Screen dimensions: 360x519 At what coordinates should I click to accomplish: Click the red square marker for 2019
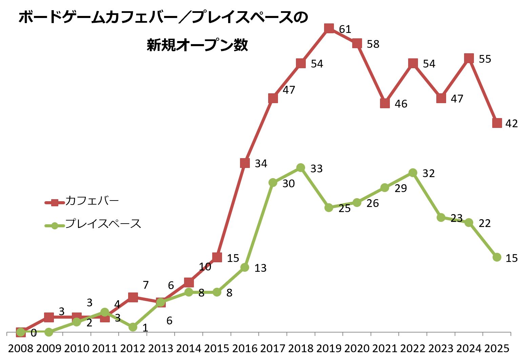point(329,28)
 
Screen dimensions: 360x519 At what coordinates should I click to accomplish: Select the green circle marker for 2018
point(301,168)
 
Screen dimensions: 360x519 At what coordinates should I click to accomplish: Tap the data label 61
point(345,30)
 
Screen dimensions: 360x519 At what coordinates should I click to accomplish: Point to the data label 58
point(373,44)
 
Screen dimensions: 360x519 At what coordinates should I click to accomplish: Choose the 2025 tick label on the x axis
point(497,348)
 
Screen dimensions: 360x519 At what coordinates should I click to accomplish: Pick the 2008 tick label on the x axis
point(21,348)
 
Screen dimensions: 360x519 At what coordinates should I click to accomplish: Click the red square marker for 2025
point(497,123)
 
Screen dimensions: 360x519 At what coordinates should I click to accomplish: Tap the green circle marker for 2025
point(497,257)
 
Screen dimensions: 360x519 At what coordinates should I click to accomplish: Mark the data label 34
point(261,164)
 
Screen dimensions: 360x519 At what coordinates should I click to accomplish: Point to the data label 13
point(260,268)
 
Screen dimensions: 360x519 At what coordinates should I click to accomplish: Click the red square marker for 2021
point(385,103)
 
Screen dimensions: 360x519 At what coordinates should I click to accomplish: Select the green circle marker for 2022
point(413,173)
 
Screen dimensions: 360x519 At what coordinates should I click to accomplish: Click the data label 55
point(485,59)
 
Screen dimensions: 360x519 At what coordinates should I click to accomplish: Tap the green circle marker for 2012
point(133,327)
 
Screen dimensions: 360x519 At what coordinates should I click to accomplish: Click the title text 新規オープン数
point(197,45)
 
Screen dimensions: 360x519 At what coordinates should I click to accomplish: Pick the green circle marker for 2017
point(273,183)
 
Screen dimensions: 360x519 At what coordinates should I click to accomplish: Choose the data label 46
point(401,104)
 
